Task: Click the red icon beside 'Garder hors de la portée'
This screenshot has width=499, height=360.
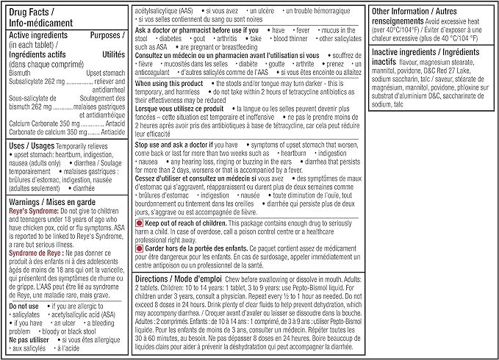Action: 139,249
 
